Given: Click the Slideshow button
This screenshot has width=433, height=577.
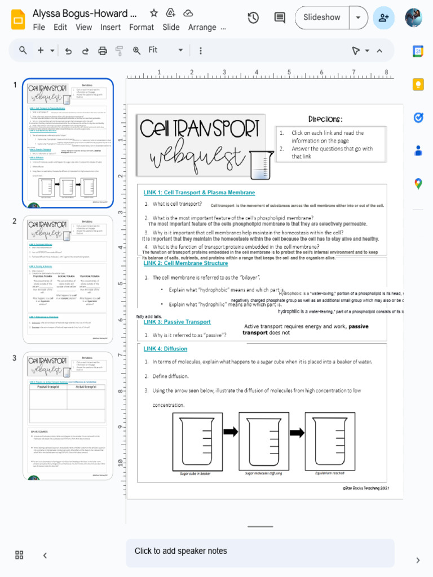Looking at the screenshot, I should [322, 17].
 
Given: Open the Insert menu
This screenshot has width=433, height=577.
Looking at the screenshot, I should [111, 27].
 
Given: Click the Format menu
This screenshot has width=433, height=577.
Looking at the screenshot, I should [142, 27].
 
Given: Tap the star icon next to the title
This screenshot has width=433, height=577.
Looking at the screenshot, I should [154, 13].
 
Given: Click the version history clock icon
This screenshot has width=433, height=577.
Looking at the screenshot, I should [253, 17].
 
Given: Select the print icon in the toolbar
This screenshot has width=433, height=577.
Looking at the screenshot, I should [103, 51].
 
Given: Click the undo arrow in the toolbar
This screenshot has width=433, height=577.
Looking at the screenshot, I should [68, 51].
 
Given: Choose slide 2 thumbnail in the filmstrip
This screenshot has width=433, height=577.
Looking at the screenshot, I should [68, 279].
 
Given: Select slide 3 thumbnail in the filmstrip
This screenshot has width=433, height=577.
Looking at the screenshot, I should [68, 416].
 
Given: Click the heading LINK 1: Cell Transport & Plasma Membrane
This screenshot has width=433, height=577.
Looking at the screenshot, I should [199, 193].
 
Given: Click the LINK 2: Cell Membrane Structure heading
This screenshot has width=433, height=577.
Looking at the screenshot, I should [185, 263].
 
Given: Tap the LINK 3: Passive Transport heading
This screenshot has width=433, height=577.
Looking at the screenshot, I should [177, 322].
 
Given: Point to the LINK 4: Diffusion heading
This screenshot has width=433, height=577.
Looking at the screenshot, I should [165, 349].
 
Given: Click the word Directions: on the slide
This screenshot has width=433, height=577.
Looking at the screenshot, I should [325, 119].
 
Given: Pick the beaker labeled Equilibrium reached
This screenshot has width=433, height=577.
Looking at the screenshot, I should [330, 441].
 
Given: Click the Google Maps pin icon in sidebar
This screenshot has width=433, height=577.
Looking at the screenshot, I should [418, 184].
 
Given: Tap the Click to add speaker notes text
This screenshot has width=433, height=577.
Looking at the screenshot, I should [180, 551].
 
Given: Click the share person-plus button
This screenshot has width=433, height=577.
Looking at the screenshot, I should [384, 17].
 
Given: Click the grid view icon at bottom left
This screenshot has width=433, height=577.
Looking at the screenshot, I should [19, 555].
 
